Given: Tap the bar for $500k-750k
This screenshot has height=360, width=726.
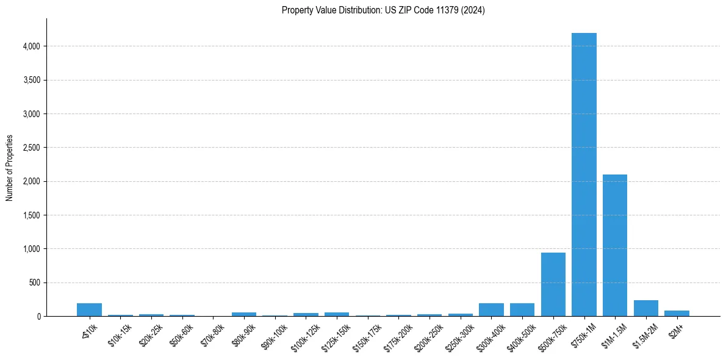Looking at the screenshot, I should tap(553, 284).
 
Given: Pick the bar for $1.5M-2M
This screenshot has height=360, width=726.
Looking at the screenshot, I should tap(646, 308).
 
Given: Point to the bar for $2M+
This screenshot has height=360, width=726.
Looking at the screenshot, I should tap(677, 314).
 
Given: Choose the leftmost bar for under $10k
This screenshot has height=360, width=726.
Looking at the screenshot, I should tap(89, 310).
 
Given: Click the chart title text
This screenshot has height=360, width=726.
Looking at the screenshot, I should tap(383, 10).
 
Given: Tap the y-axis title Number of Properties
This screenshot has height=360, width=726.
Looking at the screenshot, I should tap(10, 168).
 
